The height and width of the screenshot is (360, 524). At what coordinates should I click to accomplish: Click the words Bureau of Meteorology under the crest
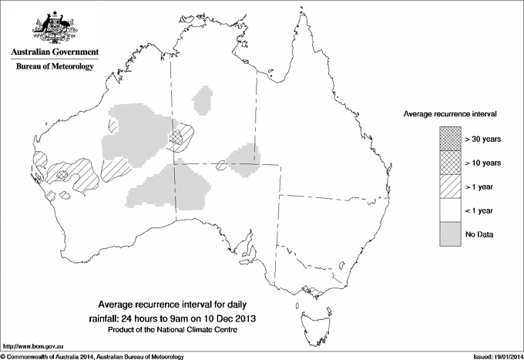(x=54, y=67)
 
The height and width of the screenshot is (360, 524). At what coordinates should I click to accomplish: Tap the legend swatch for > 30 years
(x=448, y=139)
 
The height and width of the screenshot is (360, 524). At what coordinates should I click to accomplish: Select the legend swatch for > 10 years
(x=448, y=163)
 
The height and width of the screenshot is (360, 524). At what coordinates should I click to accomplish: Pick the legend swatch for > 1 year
(x=448, y=186)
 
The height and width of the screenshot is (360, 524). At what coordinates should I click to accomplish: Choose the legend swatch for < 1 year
(x=448, y=210)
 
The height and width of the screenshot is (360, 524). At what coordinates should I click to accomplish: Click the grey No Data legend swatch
(x=448, y=234)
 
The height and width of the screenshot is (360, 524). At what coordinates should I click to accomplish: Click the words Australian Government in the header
(x=54, y=52)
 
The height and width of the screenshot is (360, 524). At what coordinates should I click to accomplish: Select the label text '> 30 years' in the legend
(x=483, y=139)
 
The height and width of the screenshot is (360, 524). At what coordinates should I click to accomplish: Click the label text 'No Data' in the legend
(x=479, y=234)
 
